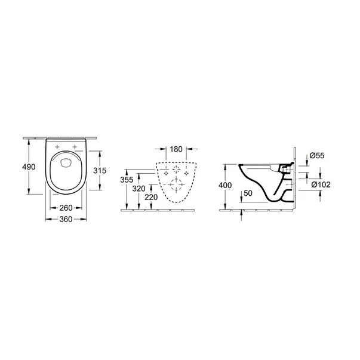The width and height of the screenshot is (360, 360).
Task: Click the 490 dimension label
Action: [x=29, y=167]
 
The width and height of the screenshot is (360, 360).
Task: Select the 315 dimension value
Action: [x=100, y=170]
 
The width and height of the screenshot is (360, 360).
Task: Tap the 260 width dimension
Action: [x=66, y=208]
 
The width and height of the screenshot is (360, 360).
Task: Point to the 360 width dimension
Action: [x=66, y=219]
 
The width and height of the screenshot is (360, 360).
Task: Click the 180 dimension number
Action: [x=176, y=149]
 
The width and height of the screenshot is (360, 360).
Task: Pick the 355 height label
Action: [x=127, y=180]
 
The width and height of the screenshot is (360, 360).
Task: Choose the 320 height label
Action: [x=139, y=189]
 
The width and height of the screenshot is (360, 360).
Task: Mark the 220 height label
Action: [x=151, y=197]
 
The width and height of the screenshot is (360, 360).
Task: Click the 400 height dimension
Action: [x=225, y=185]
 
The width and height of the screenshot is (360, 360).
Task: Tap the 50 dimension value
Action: [x=248, y=193]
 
